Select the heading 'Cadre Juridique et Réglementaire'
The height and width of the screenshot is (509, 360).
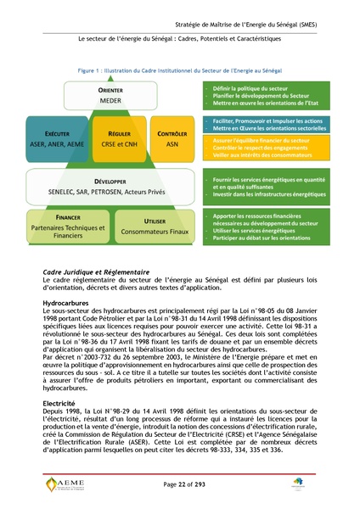pos(96,271)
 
